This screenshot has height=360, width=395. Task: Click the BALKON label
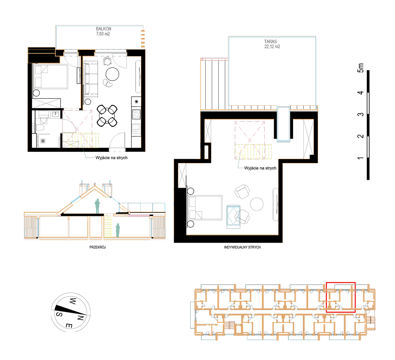point(103,29)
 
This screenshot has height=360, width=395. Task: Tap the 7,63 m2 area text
point(103,34)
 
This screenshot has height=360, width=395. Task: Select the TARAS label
point(270,41)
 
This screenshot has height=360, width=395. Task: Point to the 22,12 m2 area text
point(272,46)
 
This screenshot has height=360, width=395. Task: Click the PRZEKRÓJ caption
point(98,247)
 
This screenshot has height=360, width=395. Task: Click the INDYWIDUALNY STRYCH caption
point(242,247)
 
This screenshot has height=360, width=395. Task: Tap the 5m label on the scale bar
point(361,68)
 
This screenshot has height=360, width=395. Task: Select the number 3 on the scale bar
point(361,114)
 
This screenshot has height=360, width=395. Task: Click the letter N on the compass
point(80,318)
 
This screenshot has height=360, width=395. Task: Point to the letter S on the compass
point(59,314)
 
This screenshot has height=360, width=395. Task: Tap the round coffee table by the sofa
point(112,74)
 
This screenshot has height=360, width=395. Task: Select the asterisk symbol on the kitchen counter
point(136,102)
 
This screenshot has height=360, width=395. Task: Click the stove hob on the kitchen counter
point(136,114)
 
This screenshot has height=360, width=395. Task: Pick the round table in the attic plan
point(257,204)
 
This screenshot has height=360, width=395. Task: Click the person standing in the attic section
point(97,206)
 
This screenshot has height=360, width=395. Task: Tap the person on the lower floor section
point(117,231)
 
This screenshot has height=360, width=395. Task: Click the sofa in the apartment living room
point(91,79)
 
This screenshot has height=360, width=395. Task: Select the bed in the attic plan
point(205,207)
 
